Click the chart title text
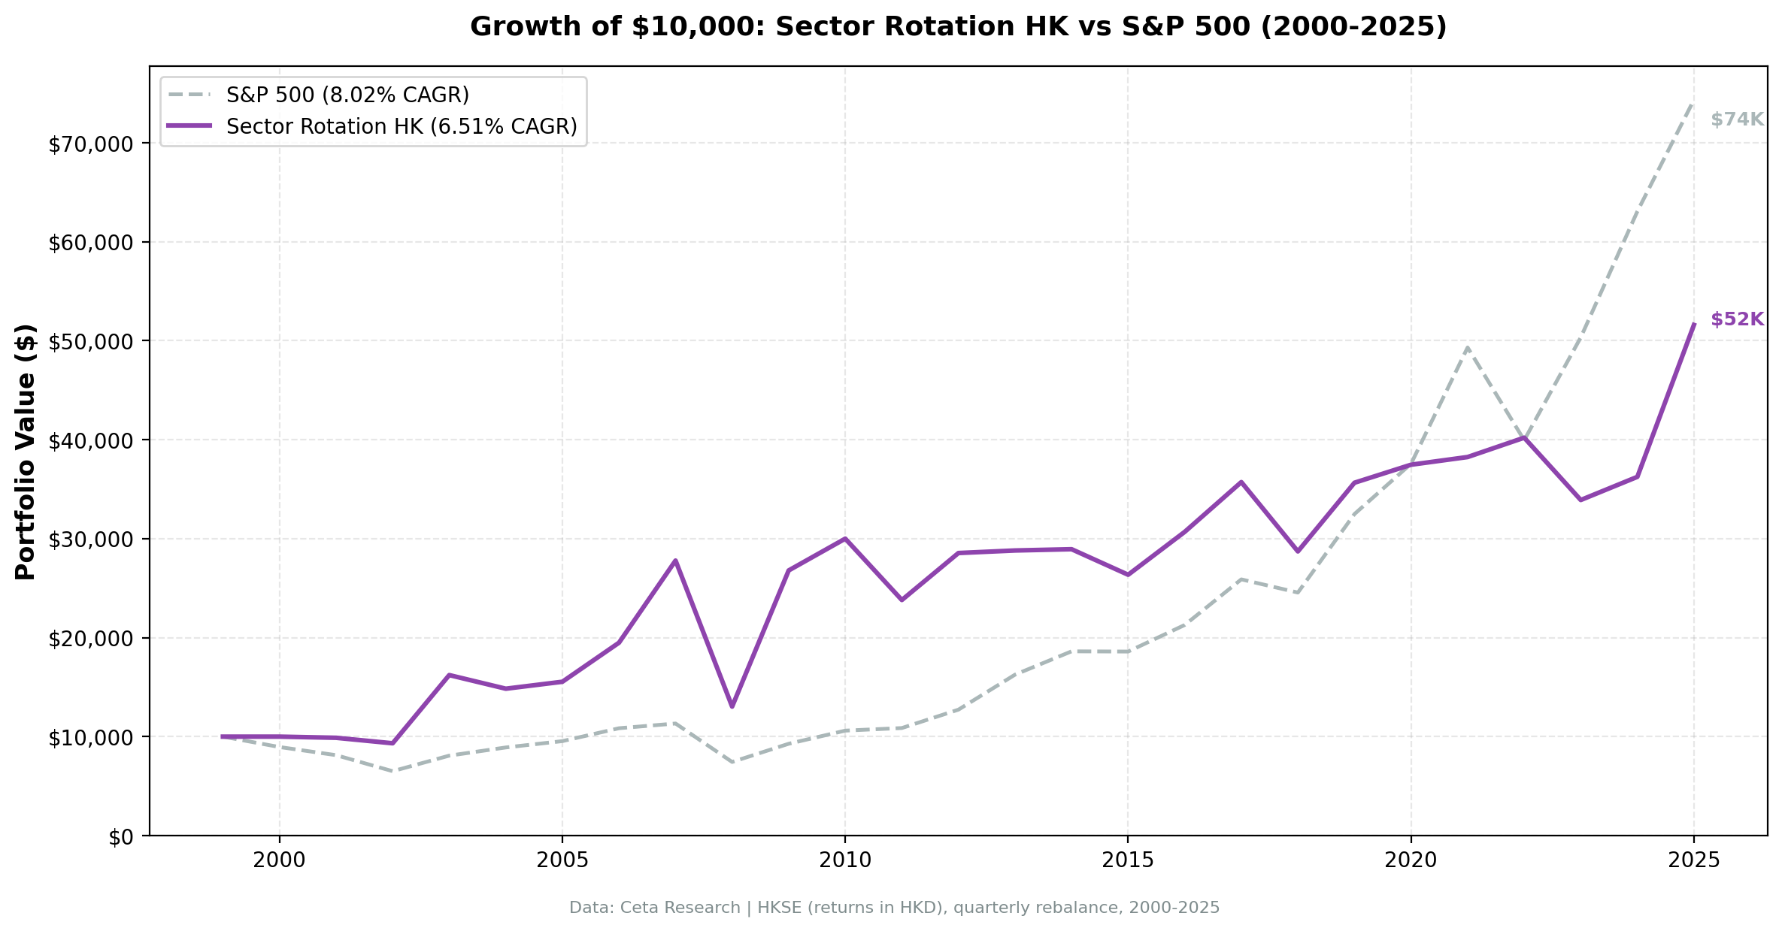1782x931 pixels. click(958, 27)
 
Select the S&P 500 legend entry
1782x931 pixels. click(347, 95)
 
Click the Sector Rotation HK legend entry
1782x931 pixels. click(401, 126)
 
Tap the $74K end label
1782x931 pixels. click(1737, 119)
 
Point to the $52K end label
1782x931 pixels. click(1737, 319)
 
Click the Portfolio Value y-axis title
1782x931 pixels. click(26, 452)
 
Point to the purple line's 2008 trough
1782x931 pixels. click(732, 706)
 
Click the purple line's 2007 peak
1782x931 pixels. click(675, 561)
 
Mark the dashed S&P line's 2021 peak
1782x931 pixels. click(1467, 348)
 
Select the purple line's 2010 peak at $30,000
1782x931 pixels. click(845, 539)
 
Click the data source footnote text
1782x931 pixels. click(894, 908)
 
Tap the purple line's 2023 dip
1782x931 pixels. click(1580, 500)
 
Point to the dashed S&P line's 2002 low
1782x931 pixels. click(392, 771)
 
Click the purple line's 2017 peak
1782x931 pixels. click(1241, 482)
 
